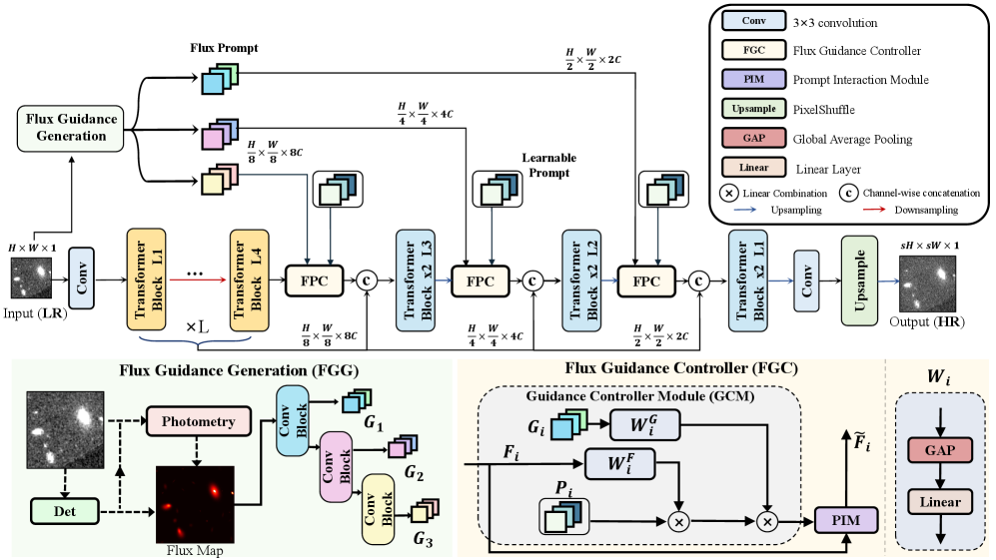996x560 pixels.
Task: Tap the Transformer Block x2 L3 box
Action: (416, 280)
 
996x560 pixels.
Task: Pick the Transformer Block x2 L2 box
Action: (582, 280)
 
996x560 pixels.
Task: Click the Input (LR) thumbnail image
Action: (31, 278)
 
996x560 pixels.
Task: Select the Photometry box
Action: (197, 421)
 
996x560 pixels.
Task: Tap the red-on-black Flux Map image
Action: (194, 504)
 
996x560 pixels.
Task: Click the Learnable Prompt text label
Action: (549, 166)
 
